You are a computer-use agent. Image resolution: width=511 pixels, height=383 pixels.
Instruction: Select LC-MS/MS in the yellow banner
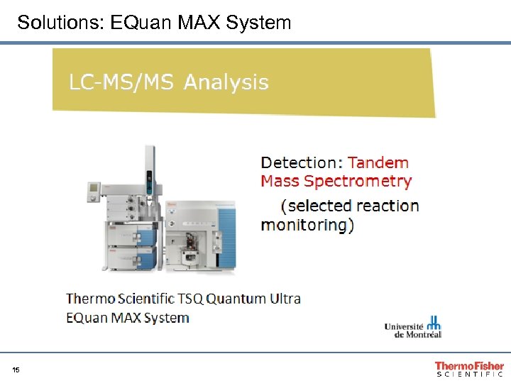[x=121, y=83]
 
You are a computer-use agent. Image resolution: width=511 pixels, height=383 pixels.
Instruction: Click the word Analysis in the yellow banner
[x=226, y=83]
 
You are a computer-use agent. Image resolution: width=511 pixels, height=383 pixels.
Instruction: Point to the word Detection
[x=301, y=162]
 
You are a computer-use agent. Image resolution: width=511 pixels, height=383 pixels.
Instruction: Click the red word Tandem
[x=378, y=162]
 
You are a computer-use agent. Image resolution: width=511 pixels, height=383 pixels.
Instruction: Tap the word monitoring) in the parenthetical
[x=307, y=225]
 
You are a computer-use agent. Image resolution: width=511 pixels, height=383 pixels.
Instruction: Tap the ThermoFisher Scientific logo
[x=469, y=367]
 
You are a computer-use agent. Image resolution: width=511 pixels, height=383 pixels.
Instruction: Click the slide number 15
[x=16, y=370]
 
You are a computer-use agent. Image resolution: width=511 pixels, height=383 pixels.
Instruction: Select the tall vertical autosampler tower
[x=149, y=177]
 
